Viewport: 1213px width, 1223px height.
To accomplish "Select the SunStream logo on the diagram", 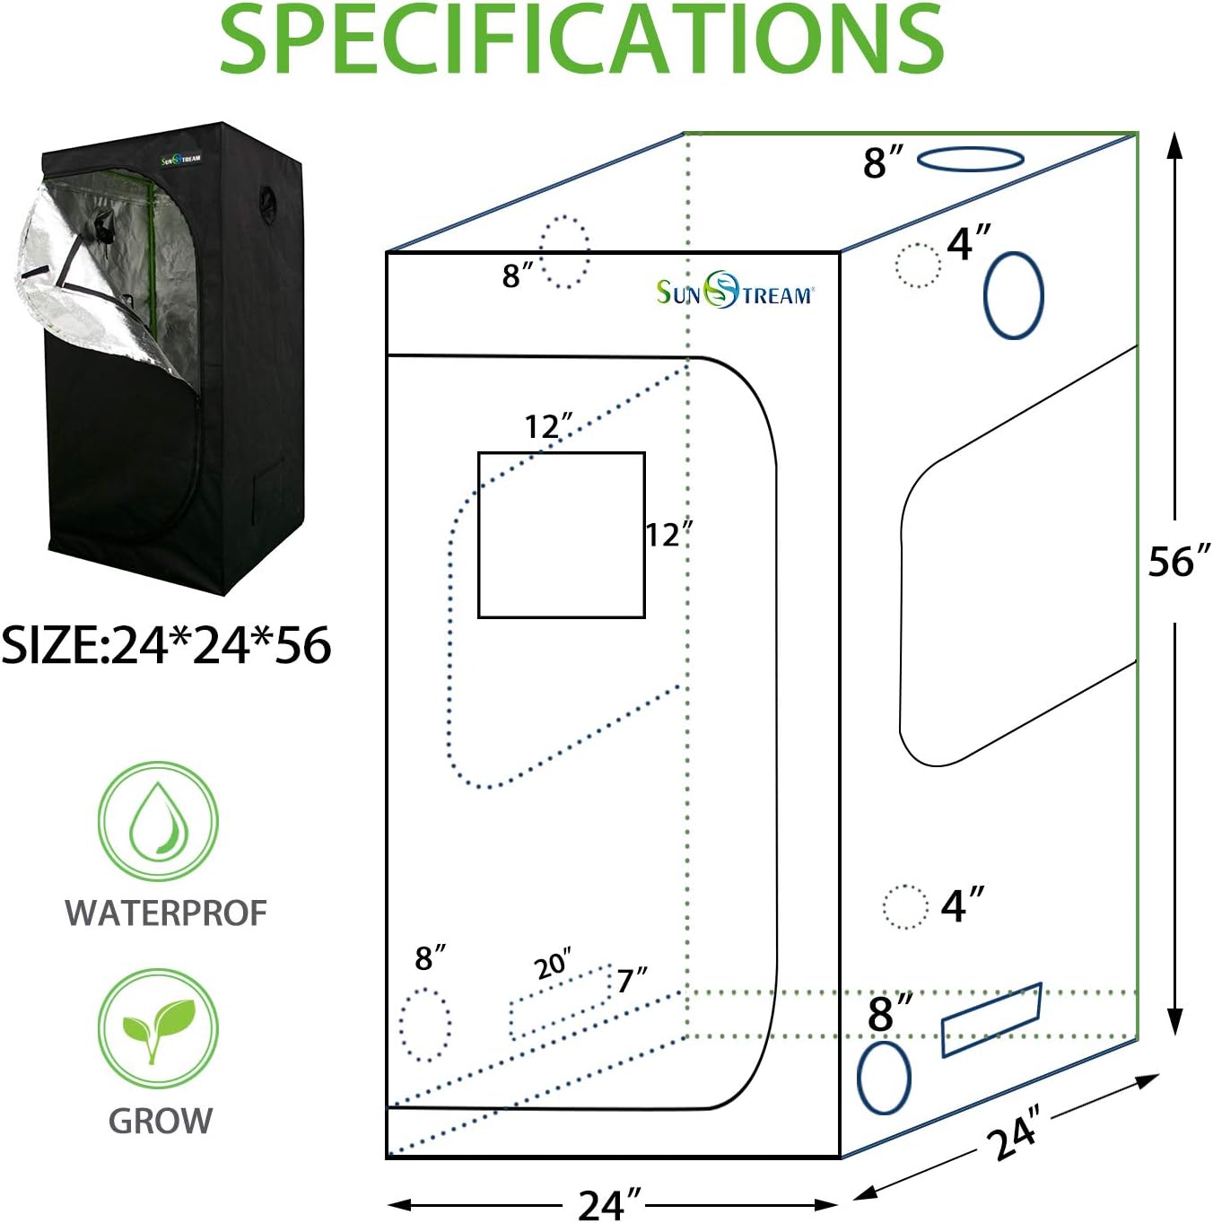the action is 735,291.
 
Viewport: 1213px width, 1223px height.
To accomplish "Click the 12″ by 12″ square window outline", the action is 478,535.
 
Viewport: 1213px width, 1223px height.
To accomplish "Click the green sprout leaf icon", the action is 158,1027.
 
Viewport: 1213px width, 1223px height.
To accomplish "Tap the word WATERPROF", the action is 166,913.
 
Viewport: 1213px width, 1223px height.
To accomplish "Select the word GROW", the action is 161,1121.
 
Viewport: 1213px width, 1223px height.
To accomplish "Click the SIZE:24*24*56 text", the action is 166,645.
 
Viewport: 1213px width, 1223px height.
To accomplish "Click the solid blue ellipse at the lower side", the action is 859,1078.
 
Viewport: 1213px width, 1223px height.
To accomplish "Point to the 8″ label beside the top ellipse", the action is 883,162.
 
